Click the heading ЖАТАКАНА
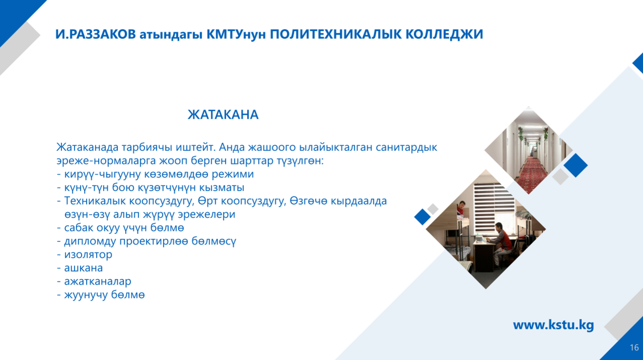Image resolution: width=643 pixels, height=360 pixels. pos(223,115)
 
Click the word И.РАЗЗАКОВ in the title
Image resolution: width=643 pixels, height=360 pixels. pos(96,34)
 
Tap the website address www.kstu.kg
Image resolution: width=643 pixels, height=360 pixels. pos(553,325)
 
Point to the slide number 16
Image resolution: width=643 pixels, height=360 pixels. pos(634,347)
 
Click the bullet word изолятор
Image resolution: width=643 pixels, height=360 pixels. pos(88,254)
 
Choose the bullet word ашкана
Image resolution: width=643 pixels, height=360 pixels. pos(84,268)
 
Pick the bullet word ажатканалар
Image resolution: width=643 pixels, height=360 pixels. pos(98,282)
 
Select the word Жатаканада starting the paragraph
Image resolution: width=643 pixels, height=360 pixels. pos(87,147)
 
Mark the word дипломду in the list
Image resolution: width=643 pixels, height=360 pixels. pos(90,241)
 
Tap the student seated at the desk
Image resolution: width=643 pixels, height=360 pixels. pos(502,244)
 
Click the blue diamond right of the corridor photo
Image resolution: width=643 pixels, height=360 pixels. pos(576,165)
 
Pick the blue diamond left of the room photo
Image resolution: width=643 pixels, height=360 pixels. pos(423,217)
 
